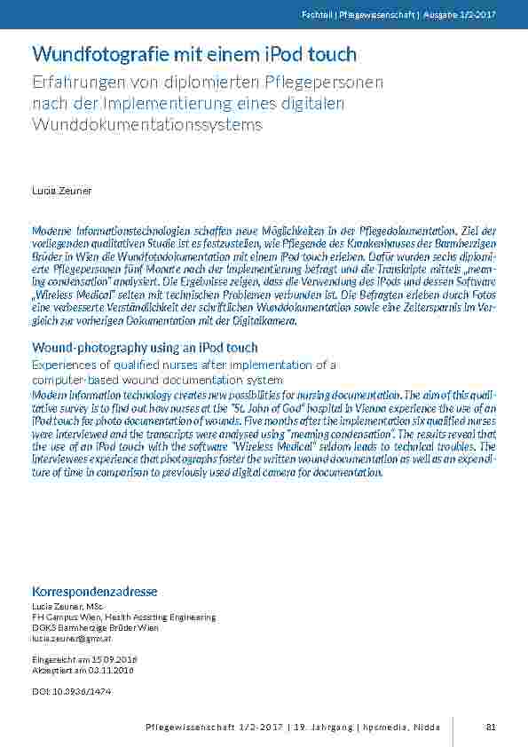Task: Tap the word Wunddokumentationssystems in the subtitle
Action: pos(147,124)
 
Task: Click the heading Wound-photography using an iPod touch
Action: pos(145,347)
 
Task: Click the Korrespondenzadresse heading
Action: pos(95,591)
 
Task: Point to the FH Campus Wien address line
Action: pos(123,617)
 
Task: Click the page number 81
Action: pos(491,728)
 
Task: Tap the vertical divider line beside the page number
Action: pos(453,728)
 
